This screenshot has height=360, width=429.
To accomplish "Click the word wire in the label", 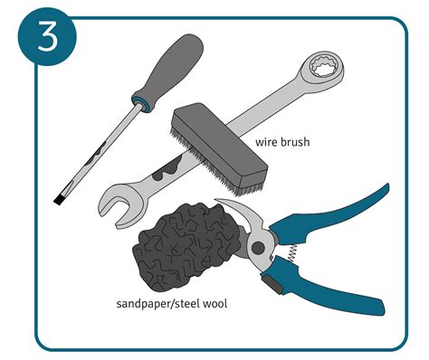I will click(x=267, y=142).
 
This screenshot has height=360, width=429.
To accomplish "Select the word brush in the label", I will click(x=298, y=142).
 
